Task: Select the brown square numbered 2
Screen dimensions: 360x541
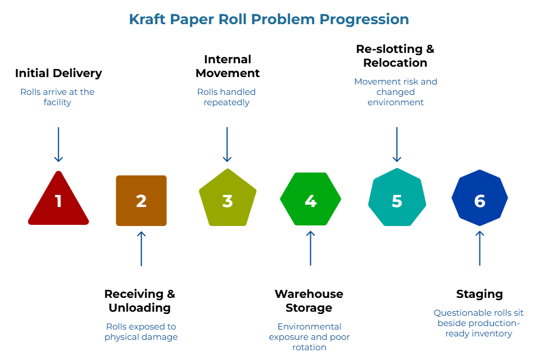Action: pyautogui.click(x=141, y=201)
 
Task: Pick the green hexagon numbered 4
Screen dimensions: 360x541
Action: pyautogui.click(x=310, y=199)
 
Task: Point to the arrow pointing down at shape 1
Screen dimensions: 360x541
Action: pyautogui.click(x=58, y=144)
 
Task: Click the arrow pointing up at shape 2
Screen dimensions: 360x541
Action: pyautogui.click(x=141, y=248)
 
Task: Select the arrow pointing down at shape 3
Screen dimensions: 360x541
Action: pyautogui.click(x=227, y=144)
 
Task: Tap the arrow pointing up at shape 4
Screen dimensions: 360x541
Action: pyautogui.click(x=310, y=248)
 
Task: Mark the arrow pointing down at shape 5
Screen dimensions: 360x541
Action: pyautogui.click(x=397, y=144)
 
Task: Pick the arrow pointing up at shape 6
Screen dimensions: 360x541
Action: pyautogui.click(x=479, y=248)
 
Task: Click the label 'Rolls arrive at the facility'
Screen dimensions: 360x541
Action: pyautogui.click(x=58, y=97)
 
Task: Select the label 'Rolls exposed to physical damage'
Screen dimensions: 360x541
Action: pyautogui.click(x=141, y=332)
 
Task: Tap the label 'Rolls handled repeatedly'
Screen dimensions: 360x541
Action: pyautogui.click(x=226, y=97)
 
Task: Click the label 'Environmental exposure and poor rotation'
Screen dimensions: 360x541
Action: pyautogui.click(x=310, y=337)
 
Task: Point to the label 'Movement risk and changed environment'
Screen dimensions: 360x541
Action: pyautogui.click(x=395, y=92)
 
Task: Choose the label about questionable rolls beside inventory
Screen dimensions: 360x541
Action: pyautogui.click(x=479, y=323)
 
